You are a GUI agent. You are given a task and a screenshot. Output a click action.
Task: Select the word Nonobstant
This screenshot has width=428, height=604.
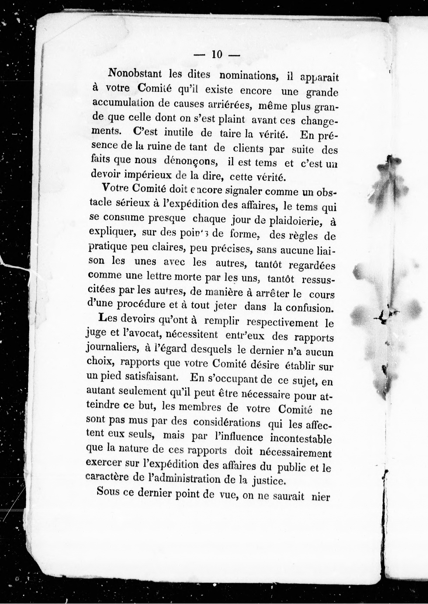(x=135, y=73)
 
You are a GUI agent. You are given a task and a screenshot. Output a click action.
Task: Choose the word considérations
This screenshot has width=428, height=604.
(x=227, y=423)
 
